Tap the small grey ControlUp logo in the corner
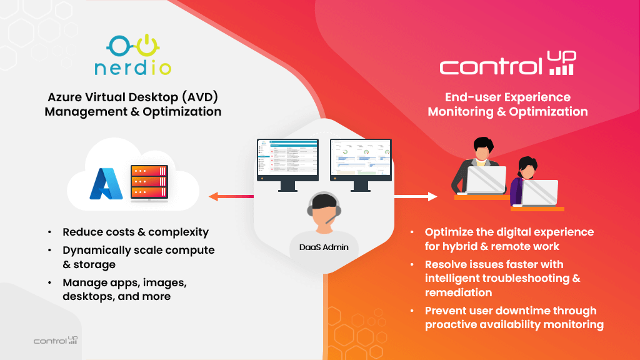56,341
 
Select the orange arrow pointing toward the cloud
231,196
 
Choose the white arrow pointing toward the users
416,196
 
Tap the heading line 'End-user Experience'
507,97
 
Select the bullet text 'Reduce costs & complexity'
136,232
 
